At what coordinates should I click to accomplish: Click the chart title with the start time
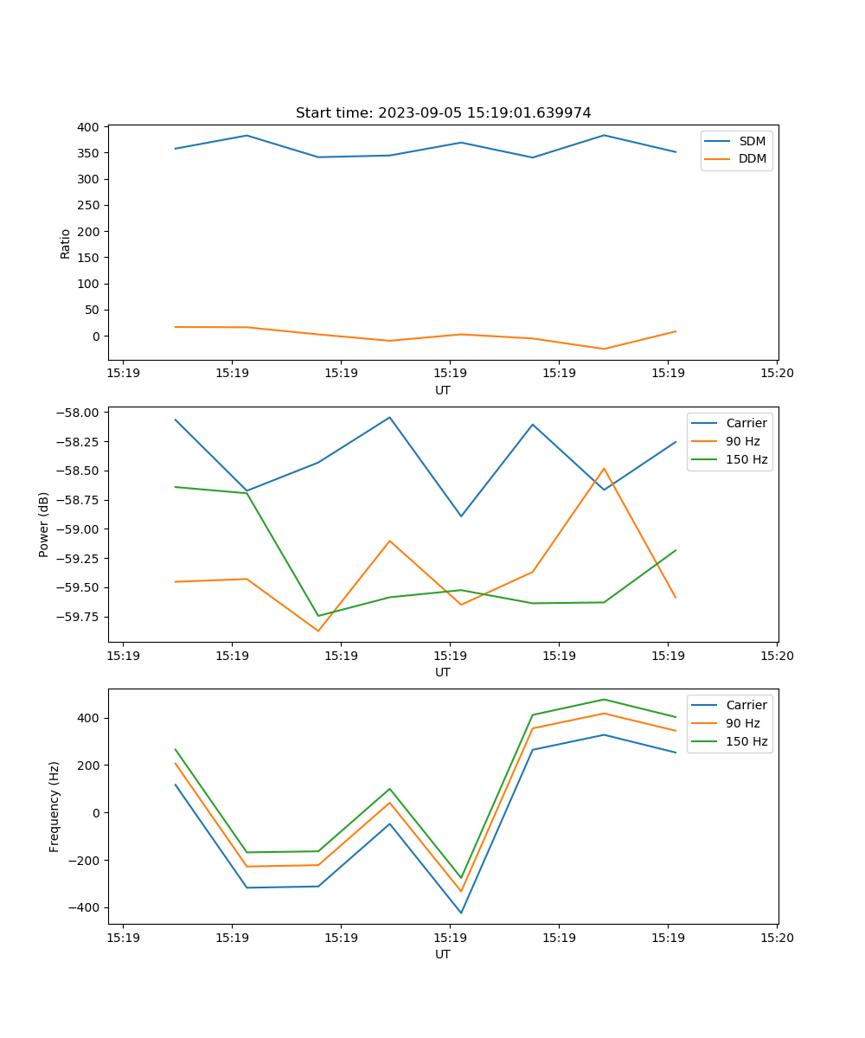coord(443,113)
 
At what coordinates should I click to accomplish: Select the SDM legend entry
coord(752,141)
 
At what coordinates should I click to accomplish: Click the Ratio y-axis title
coord(66,243)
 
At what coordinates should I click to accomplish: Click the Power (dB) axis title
coord(44,524)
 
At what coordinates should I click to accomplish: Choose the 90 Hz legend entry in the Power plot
coord(742,441)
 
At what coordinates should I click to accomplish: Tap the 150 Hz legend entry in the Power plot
coord(746,459)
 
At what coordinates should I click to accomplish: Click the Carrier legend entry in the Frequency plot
coord(746,705)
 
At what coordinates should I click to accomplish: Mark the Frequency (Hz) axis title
coord(54,806)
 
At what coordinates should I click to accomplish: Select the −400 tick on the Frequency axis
coord(85,907)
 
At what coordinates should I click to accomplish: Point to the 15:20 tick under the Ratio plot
coord(776,374)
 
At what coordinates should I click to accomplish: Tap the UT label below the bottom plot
coord(443,954)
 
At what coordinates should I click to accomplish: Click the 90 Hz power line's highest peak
coord(604,468)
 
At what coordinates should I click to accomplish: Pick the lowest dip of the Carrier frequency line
coord(461,913)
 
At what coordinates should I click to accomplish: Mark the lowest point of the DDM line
coord(604,349)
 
